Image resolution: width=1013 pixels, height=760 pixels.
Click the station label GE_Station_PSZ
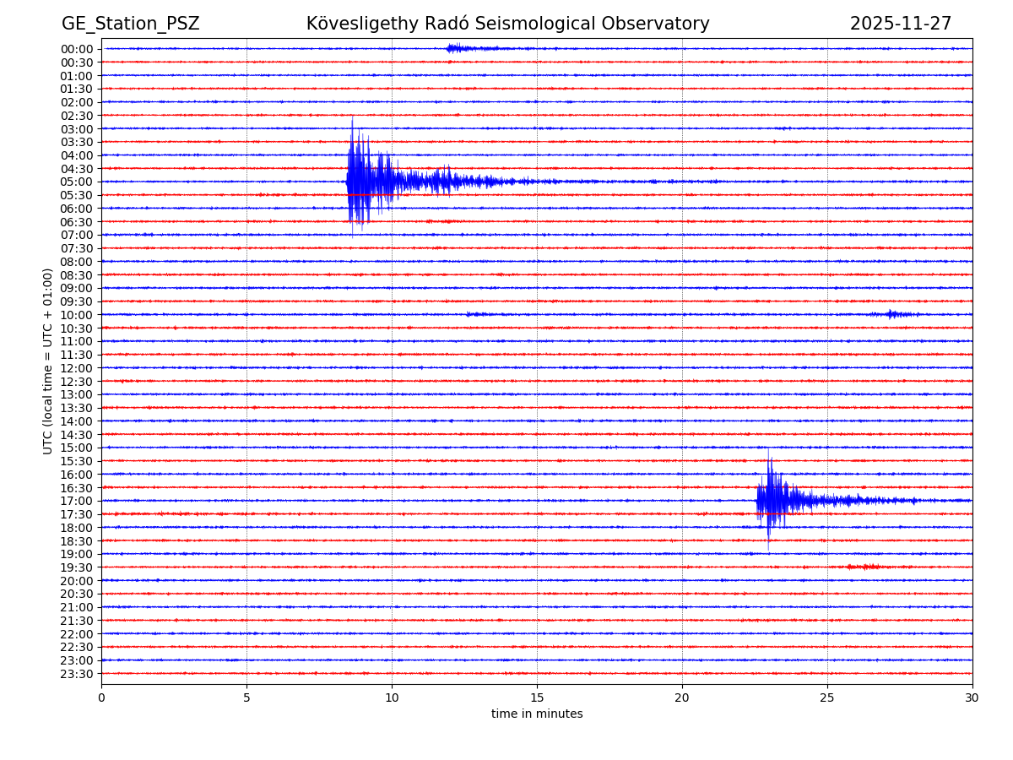(130, 24)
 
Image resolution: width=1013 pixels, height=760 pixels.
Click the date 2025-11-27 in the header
(900, 24)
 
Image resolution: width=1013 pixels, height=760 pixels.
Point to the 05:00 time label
(77, 182)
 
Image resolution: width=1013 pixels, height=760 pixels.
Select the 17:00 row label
(77, 501)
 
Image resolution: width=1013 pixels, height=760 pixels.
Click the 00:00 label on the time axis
(77, 49)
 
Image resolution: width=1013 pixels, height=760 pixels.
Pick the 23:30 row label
(77, 674)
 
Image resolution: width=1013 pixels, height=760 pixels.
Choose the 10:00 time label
(77, 315)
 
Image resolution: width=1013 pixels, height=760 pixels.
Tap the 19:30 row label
(77, 567)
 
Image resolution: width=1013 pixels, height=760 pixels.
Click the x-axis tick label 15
(537, 698)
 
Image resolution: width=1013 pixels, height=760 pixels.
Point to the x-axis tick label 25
(827, 698)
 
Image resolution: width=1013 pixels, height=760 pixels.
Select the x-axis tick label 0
(101, 698)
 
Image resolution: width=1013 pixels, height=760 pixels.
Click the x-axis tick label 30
(972, 698)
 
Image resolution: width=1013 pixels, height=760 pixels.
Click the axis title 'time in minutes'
(537, 714)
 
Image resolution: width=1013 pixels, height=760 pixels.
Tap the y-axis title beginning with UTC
(48, 361)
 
